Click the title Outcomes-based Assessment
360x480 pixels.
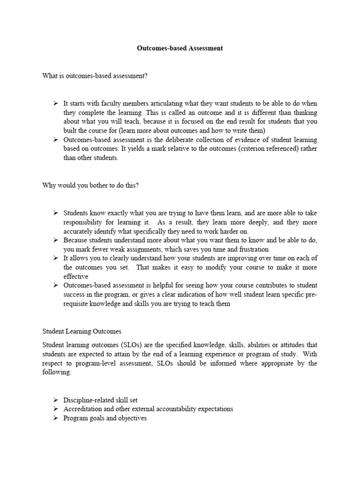tap(180, 48)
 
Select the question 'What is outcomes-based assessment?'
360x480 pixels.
tap(95, 76)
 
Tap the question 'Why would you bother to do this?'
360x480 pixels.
tap(90, 185)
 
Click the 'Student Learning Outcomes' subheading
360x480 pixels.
tap(82, 331)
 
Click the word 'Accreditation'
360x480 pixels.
tap(83, 409)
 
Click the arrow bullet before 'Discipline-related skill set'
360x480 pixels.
tap(55, 400)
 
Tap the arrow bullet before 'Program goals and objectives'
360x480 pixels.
tap(55, 418)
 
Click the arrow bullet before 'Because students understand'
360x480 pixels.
tap(55, 240)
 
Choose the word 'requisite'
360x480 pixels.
tap(78, 304)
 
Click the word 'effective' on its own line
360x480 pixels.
tap(75, 277)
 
